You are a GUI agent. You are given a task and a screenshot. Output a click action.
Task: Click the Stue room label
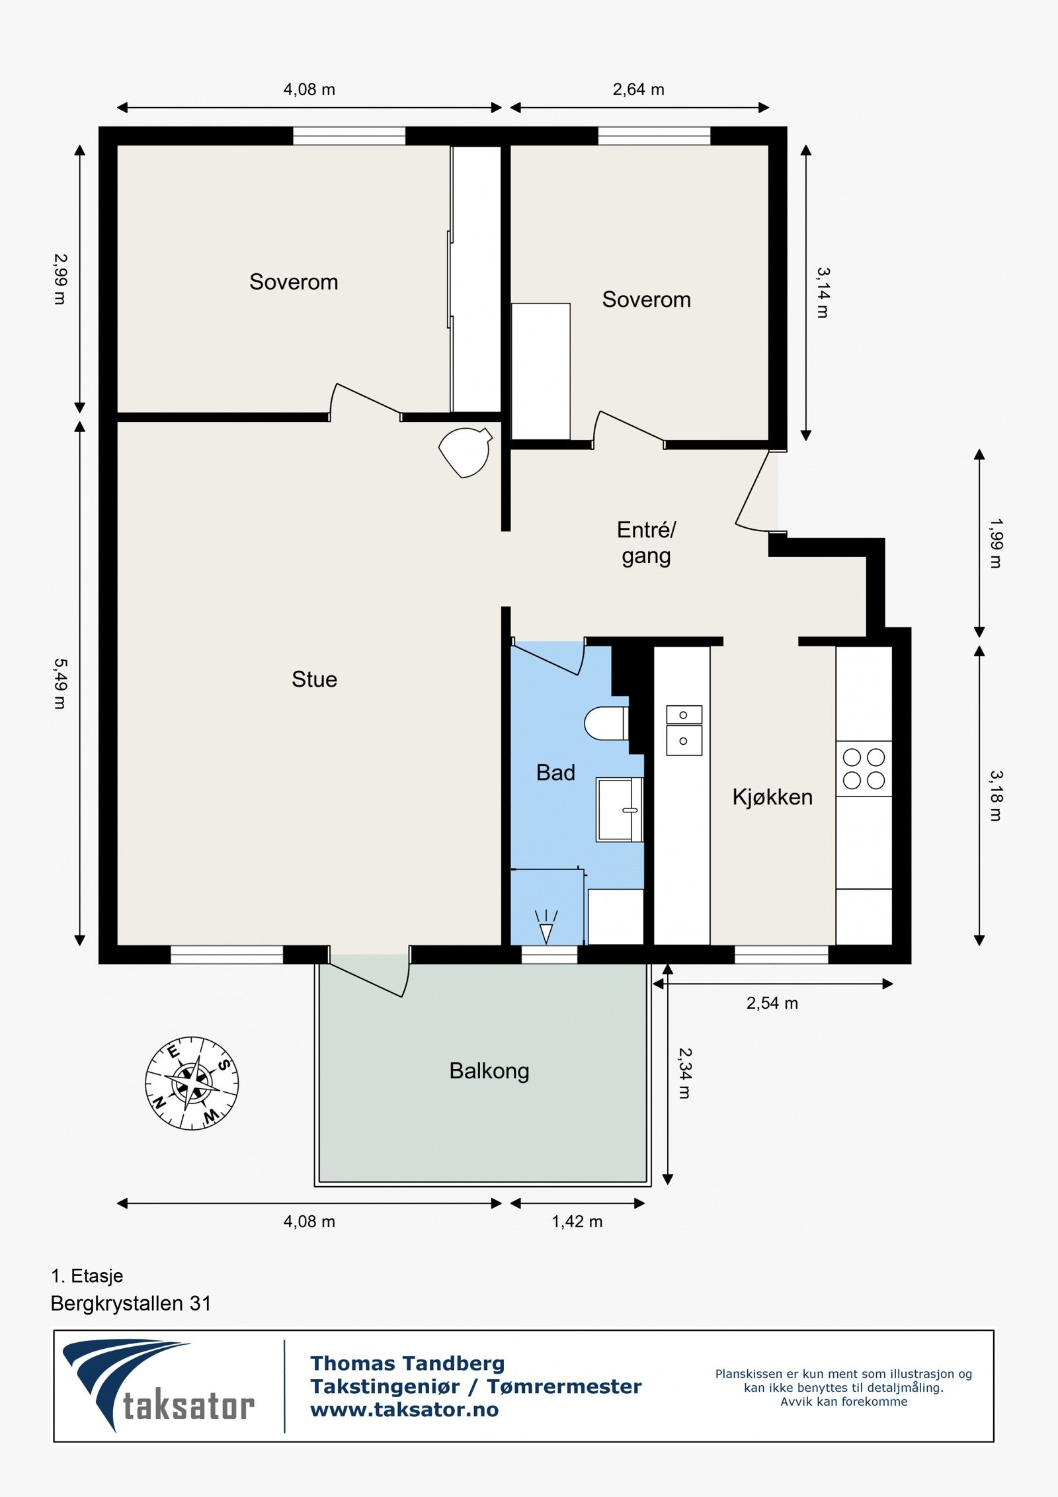click(x=314, y=679)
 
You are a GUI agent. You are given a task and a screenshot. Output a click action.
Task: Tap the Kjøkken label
click(x=772, y=797)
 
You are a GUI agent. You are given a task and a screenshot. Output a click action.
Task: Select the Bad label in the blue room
click(x=555, y=773)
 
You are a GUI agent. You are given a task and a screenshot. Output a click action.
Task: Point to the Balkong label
click(x=489, y=1071)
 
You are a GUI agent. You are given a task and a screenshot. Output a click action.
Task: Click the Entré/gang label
click(x=646, y=542)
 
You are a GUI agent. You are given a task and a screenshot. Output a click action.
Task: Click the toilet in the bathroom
click(x=604, y=723)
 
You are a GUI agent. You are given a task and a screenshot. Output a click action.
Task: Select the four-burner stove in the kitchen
click(x=864, y=769)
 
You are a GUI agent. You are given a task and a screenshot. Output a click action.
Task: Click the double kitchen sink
click(x=684, y=730)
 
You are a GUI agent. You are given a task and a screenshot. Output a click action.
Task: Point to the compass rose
click(x=192, y=1083)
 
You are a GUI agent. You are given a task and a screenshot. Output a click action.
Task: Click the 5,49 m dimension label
click(x=60, y=683)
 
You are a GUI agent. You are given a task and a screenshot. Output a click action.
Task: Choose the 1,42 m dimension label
click(x=577, y=1222)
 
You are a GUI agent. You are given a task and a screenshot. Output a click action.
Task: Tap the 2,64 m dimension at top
click(x=638, y=89)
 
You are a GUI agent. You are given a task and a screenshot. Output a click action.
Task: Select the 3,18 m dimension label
click(x=996, y=796)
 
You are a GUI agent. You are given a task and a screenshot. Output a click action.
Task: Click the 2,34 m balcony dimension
click(x=684, y=1073)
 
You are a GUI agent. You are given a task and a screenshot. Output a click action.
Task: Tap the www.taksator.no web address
click(x=404, y=1410)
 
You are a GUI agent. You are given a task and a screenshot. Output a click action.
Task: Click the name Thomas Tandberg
click(x=407, y=1363)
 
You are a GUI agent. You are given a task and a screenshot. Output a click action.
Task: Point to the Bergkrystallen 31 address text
click(x=131, y=1304)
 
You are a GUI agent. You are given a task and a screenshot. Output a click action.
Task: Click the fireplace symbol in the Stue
click(x=466, y=452)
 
